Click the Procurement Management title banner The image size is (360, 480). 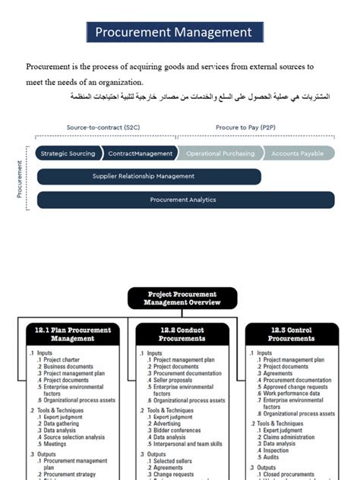tap(174, 32)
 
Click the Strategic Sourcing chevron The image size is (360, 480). tap(68, 153)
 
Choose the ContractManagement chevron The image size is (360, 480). tap(140, 153)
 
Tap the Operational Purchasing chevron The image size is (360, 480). tap(220, 153)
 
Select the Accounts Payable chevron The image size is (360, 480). tap(297, 153)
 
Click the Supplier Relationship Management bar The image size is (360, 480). tap(149, 176)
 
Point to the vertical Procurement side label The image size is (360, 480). tap(20, 178)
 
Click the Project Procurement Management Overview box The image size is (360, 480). tap(182, 298)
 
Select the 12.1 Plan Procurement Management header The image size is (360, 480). tap(72, 334)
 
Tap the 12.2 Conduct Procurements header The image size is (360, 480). tap(182, 334)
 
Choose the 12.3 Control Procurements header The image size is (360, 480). tap(289, 334)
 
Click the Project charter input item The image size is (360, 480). tap(62, 359)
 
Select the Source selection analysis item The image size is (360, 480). tap(74, 437)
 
